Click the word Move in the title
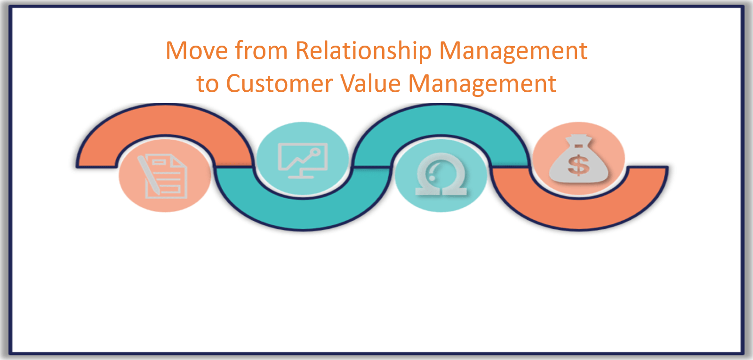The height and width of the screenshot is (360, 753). (197, 50)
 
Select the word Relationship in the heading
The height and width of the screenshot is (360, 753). (363, 51)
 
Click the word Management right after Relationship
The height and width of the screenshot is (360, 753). (513, 51)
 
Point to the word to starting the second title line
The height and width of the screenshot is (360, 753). (208, 84)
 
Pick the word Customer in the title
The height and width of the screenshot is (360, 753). (280, 84)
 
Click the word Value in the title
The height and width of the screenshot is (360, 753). (370, 84)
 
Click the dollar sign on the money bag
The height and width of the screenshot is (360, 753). (578, 165)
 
